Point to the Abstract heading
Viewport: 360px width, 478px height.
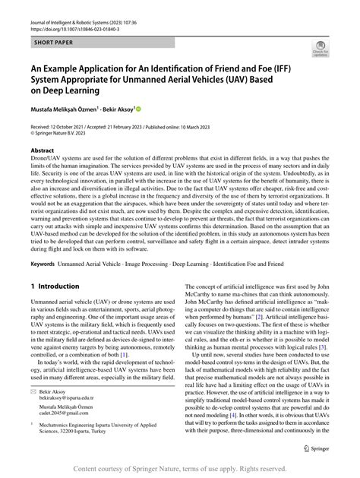42,151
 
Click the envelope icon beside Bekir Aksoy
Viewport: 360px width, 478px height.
34,388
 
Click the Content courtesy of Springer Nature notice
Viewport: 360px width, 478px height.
179,470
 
